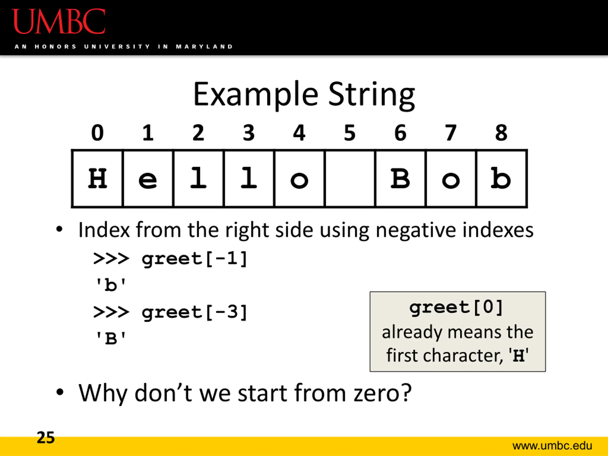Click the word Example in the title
coord(256,95)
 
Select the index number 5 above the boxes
coord(350,133)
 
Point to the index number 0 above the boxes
coord(98,133)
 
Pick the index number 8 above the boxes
coord(501,133)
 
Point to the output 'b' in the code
coord(110,285)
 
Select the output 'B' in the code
coord(110,338)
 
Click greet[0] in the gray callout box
coord(456,308)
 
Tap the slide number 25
coord(46,437)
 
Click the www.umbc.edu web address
coord(552,446)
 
